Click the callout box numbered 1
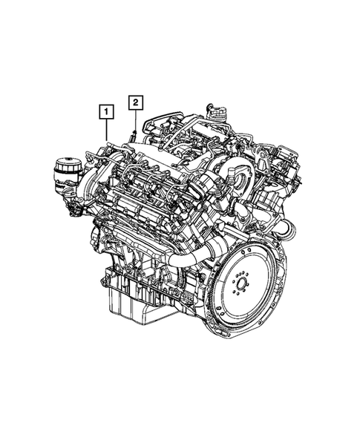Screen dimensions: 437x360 (x=109, y=113)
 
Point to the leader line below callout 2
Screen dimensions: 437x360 (x=134, y=120)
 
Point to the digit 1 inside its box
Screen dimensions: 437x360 (x=109, y=113)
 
